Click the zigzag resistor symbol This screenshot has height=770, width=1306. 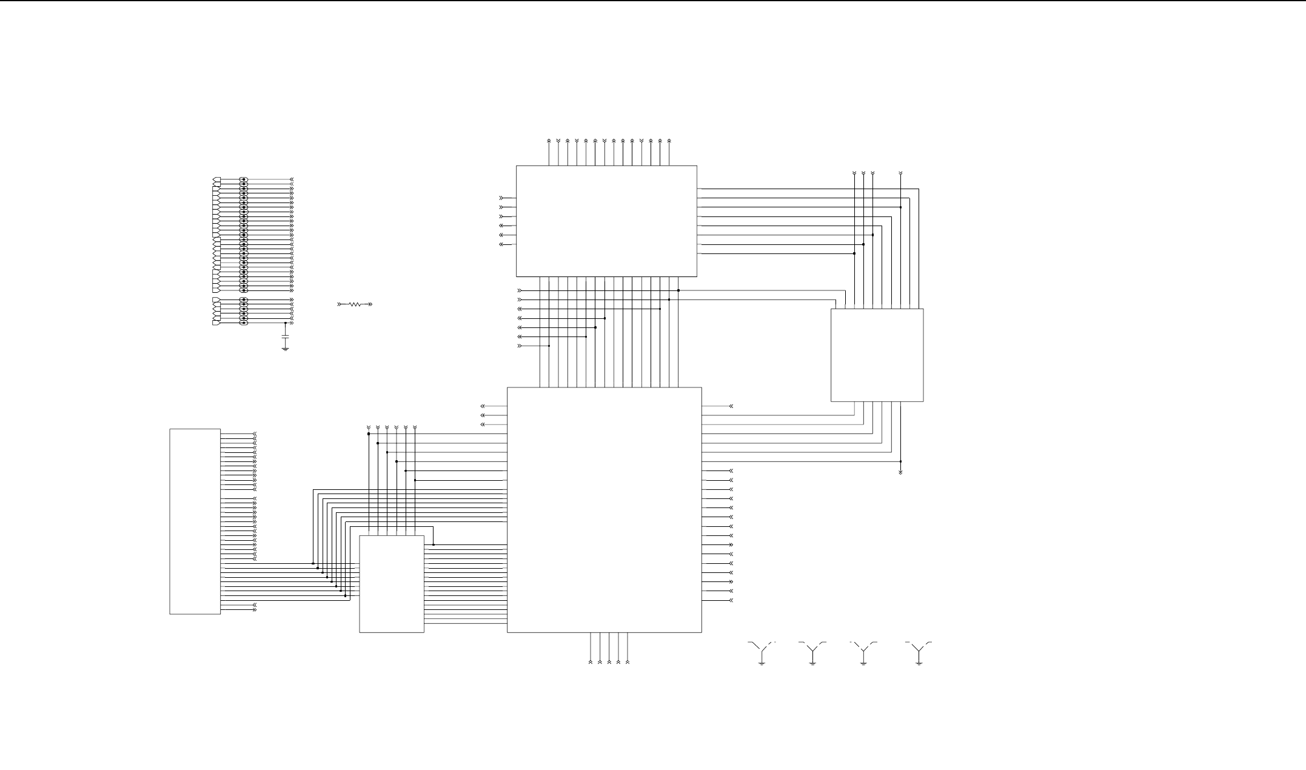[x=355, y=304]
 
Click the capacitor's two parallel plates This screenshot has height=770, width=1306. [x=286, y=335]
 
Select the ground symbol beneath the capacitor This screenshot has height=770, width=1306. [x=286, y=349]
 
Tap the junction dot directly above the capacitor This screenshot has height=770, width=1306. [x=286, y=323]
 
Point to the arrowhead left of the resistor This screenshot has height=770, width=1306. [x=340, y=304]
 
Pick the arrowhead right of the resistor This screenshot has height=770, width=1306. [x=370, y=304]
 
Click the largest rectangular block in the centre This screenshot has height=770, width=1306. [x=604, y=509]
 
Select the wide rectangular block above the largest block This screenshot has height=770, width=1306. [x=606, y=221]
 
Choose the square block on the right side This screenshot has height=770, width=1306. [x=877, y=355]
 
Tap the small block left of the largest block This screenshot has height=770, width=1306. [x=392, y=584]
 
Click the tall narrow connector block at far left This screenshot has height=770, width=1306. [x=195, y=521]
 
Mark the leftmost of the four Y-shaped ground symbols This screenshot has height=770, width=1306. [x=762, y=652]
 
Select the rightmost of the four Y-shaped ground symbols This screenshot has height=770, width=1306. [x=919, y=652]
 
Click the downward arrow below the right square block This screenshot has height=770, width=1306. [x=900, y=471]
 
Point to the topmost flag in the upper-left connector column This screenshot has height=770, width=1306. [x=216, y=180]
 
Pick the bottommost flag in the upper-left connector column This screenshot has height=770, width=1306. [x=216, y=323]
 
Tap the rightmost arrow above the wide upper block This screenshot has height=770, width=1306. [x=669, y=141]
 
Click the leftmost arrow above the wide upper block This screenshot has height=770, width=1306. [x=549, y=141]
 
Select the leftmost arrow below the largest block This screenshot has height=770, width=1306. [x=591, y=661]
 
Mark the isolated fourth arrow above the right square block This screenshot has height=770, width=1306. [x=900, y=174]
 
